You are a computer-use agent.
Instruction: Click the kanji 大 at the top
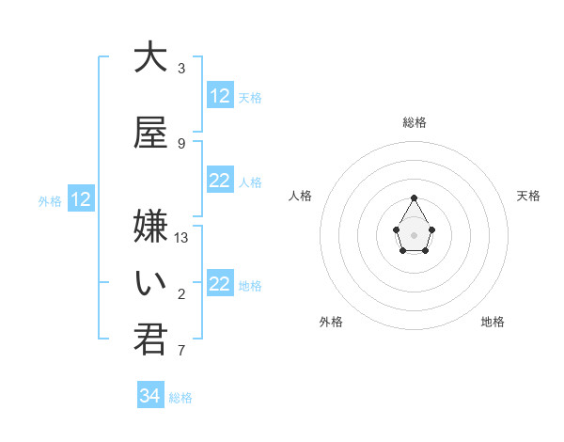(x=150, y=57)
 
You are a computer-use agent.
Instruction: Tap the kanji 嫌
(x=150, y=227)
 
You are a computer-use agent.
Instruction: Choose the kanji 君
(x=150, y=339)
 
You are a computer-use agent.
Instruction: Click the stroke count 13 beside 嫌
(x=181, y=238)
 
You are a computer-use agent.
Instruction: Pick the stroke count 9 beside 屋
(x=181, y=144)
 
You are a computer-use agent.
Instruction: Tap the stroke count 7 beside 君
(x=181, y=351)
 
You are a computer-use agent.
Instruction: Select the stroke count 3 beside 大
(x=181, y=69)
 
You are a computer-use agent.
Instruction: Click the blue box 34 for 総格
(x=150, y=396)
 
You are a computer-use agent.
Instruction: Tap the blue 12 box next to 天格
(x=220, y=96)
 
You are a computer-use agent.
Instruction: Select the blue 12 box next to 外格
(x=81, y=199)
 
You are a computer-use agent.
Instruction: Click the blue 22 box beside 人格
(x=220, y=181)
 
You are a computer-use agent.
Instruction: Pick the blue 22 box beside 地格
(x=220, y=284)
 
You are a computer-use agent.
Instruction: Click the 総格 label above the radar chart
(x=415, y=122)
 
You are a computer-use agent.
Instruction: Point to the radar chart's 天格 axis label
(x=529, y=196)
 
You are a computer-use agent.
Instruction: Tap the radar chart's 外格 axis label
(x=331, y=322)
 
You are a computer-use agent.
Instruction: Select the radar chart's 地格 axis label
(x=493, y=322)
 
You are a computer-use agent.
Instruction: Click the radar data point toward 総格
(x=415, y=197)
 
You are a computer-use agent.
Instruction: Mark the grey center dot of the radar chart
(x=415, y=234)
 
